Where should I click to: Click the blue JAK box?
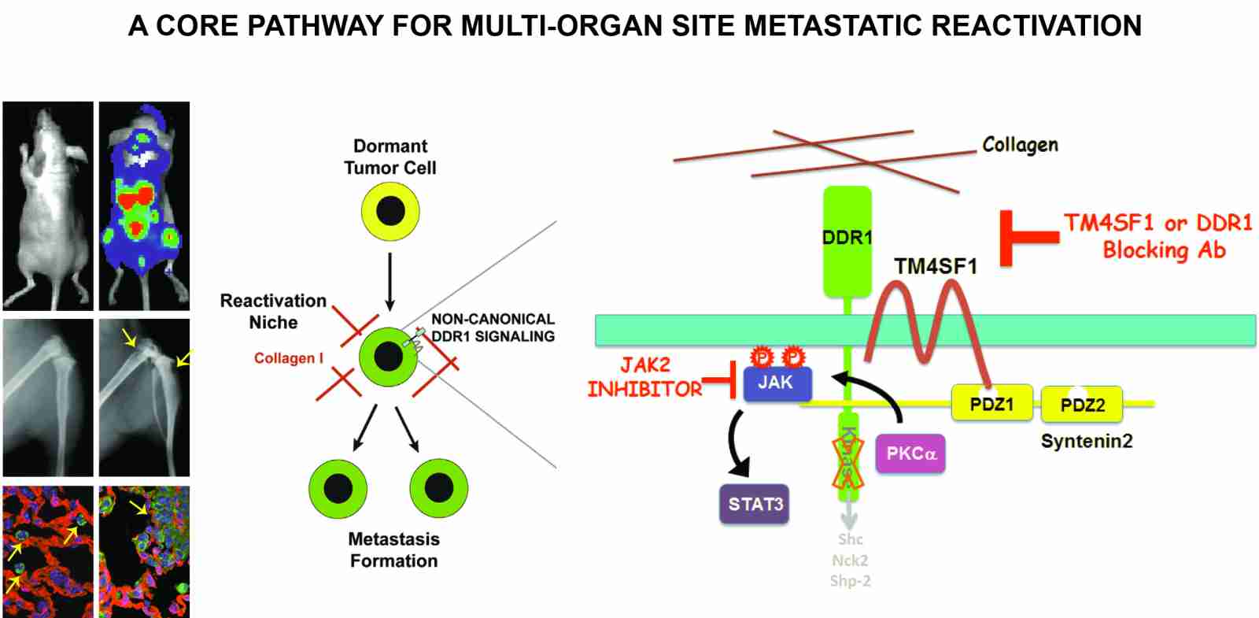click(x=777, y=383)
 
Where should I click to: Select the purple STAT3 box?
click(x=755, y=504)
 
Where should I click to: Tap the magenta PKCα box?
click(x=910, y=453)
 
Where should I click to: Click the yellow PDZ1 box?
click(x=991, y=404)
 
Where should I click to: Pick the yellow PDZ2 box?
click(x=1082, y=405)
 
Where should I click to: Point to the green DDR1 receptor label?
click(x=847, y=237)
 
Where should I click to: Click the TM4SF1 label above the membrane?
click(x=935, y=267)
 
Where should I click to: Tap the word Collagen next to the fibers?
click(x=1020, y=145)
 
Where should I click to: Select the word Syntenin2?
click(x=1086, y=441)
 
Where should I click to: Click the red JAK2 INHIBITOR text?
click(x=644, y=377)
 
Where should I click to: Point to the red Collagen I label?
click(x=288, y=358)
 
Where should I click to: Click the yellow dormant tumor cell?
click(x=390, y=212)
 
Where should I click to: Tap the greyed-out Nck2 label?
click(x=850, y=561)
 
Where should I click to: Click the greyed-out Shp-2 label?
click(x=850, y=581)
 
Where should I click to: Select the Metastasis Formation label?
click(x=393, y=550)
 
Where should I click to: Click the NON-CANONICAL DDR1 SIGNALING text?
click(x=493, y=328)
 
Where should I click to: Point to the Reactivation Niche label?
click(x=273, y=312)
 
